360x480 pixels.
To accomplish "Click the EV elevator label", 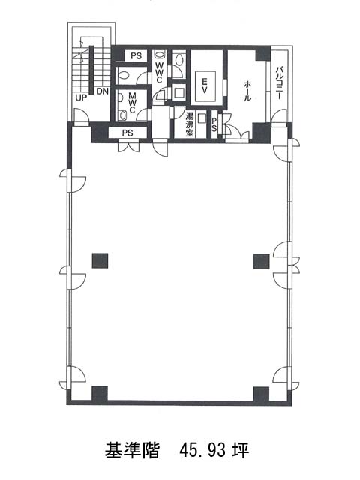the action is click(x=205, y=86).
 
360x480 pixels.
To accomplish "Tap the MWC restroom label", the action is click(x=132, y=103).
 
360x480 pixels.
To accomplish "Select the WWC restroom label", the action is click(x=159, y=73).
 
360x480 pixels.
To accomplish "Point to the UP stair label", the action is click(x=81, y=97).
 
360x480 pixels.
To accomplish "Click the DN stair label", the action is click(x=103, y=91).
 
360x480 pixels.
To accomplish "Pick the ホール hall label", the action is click(x=247, y=91).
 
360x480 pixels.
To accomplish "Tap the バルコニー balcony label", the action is click(x=279, y=82).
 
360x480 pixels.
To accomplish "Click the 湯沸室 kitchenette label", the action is click(x=190, y=124).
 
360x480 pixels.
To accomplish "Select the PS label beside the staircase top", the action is click(x=136, y=56).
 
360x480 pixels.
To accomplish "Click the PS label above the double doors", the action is click(x=127, y=133).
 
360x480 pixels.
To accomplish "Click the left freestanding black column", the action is click(x=100, y=260).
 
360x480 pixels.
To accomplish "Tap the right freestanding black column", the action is click(x=262, y=261).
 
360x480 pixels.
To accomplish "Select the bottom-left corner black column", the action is click(x=100, y=394).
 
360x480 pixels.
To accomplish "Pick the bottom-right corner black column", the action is click(x=261, y=394).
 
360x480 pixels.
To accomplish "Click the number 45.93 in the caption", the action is click(x=202, y=450).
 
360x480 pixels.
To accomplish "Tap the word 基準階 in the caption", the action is click(x=132, y=450).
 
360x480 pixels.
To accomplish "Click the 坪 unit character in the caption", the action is click(x=241, y=450).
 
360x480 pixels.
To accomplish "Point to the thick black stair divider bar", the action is click(x=91, y=70).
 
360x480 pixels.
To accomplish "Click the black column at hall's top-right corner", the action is click(x=263, y=53).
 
